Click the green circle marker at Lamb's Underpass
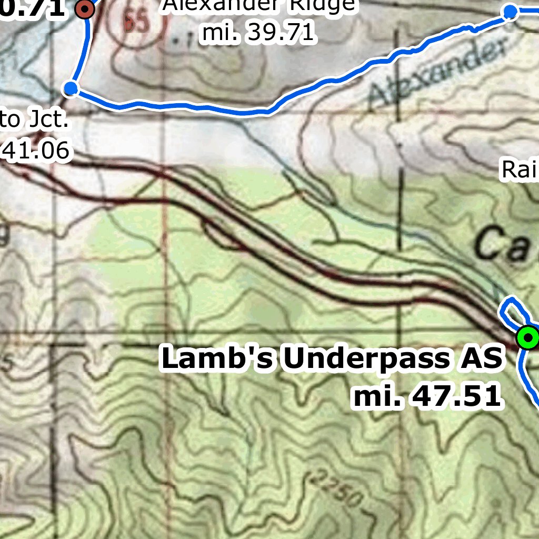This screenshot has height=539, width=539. (x=528, y=337)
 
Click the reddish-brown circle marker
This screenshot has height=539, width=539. (x=84, y=9)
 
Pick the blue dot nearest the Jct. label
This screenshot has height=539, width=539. (x=71, y=88)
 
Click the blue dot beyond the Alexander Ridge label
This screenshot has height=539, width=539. (x=510, y=12)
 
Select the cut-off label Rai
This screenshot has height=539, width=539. (x=519, y=169)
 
